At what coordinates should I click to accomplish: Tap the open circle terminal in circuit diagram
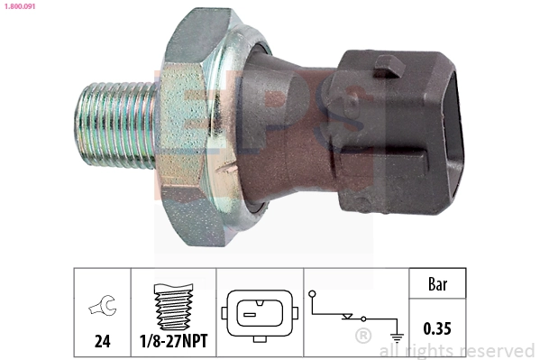tap(312, 294)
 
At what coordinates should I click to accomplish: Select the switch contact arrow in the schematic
tap(348, 317)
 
